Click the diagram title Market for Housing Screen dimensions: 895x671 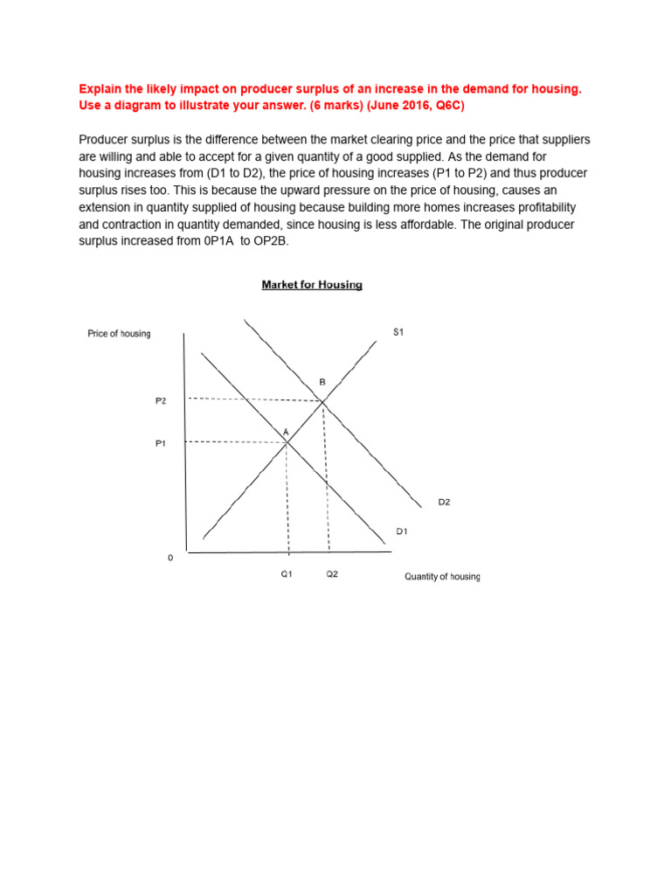pos(312,285)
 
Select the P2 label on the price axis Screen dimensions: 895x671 pos(161,400)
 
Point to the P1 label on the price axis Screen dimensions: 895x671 pos(161,443)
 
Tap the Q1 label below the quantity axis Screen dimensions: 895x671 pos(287,575)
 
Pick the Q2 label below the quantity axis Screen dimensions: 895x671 pos(332,575)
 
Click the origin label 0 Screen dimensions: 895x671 pos(170,558)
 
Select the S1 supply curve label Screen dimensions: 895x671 pos(398,332)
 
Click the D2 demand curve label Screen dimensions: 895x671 pos(444,502)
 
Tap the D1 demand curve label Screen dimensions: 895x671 pos(402,531)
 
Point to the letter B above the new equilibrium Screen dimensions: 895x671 pos(322,382)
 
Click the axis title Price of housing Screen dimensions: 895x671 pos(119,334)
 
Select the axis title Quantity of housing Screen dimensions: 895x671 pos(441,577)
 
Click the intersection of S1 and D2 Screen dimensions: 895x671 pos(323,401)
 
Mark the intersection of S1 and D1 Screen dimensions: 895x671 pos(287,441)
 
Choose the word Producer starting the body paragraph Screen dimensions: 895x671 pos(105,140)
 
